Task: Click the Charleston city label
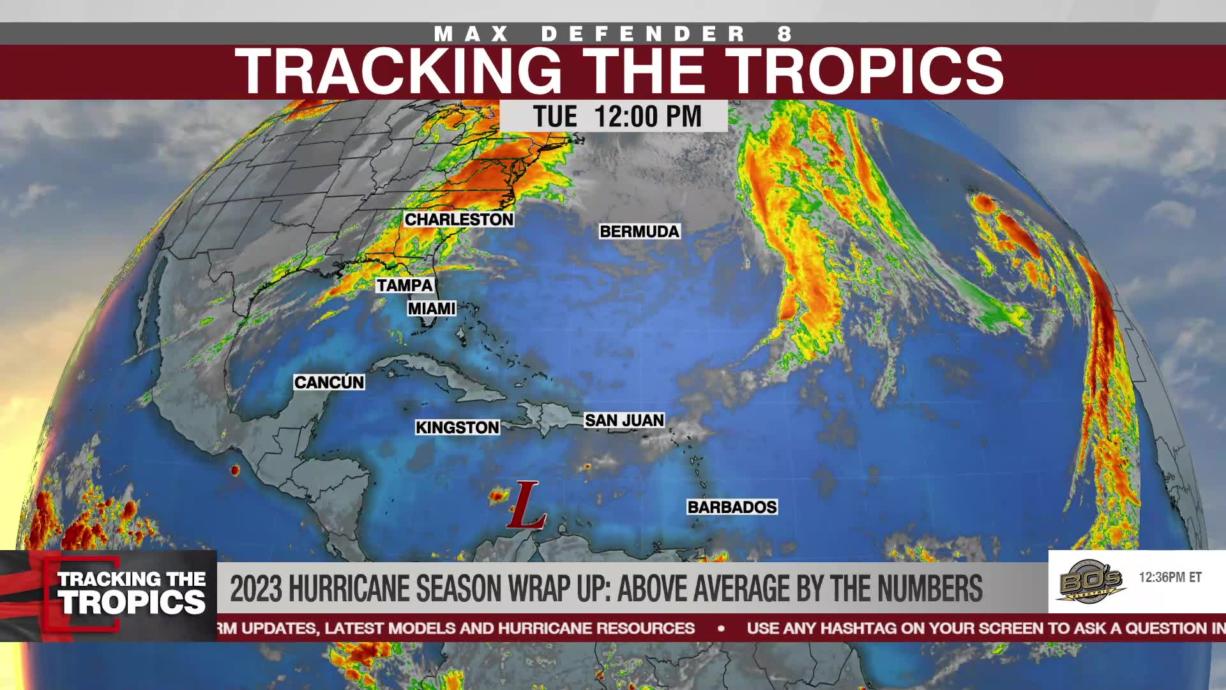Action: [x=458, y=219]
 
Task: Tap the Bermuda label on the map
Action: [x=639, y=231]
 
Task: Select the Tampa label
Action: [x=404, y=285]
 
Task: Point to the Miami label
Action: [x=432, y=309]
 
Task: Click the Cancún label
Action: [x=329, y=382]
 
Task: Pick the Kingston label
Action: [x=457, y=427]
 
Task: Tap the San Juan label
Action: [x=624, y=420]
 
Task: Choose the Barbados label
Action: [x=732, y=507]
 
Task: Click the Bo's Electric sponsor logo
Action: [x=1091, y=580]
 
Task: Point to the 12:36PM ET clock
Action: [x=1170, y=578]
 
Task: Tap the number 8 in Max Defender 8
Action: [x=784, y=34]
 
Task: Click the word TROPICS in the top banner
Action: [x=864, y=72]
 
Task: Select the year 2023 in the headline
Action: [x=255, y=588]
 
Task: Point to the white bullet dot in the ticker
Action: [x=721, y=629]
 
